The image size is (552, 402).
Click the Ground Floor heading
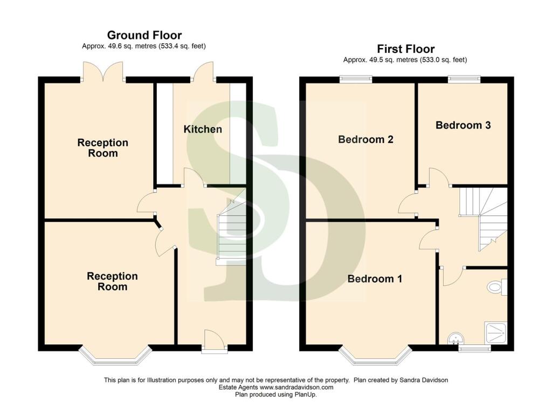[144, 35]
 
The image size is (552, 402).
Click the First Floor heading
[405, 49]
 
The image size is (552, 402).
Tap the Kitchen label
[203, 130]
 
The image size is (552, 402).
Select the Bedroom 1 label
[375, 278]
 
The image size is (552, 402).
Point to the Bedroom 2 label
[365, 140]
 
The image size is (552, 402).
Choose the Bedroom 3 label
[463, 125]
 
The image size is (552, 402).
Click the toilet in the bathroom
[498, 287]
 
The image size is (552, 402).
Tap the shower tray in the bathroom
[496, 332]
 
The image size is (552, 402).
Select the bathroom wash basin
[456, 338]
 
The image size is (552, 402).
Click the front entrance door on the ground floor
[215, 341]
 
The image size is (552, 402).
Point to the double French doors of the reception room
[103, 72]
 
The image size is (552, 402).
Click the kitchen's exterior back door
[203, 72]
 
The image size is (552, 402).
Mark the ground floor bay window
[115, 356]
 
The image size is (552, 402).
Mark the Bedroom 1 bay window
[375, 356]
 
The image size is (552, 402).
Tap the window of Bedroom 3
[464, 79]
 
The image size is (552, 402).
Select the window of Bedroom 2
[356, 79]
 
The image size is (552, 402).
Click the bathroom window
[474, 349]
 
